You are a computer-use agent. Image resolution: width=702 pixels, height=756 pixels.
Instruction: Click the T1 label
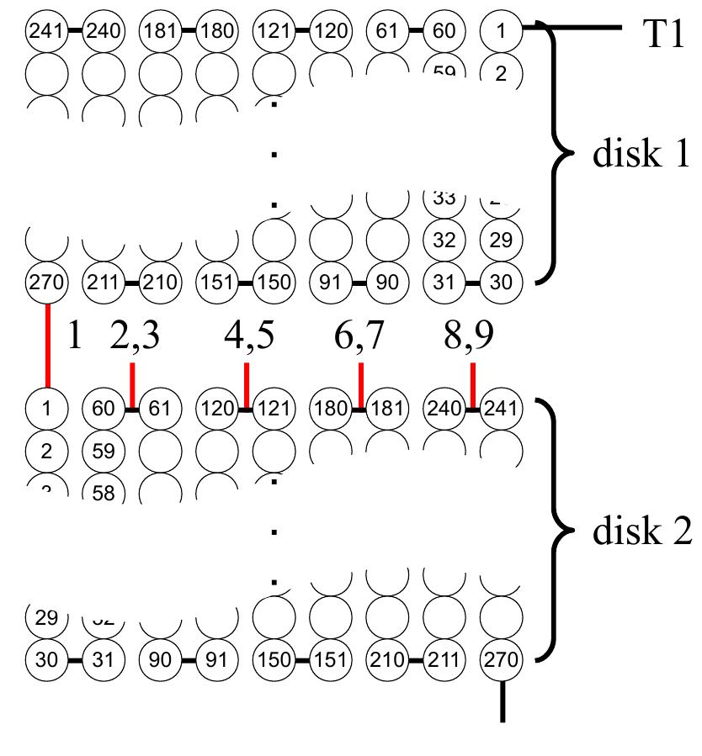(663, 33)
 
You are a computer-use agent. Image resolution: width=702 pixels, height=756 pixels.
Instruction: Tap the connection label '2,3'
(135, 336)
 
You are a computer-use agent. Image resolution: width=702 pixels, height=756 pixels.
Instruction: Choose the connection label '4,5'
(249, 336)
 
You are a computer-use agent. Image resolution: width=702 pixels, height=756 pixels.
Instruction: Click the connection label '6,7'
(359, 336)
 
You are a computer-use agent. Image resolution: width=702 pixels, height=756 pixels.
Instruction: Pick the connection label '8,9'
(469, 336)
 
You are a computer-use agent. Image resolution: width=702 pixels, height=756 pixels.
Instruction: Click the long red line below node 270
(47, 345)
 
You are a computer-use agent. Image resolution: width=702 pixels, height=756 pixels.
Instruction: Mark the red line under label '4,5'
(247, 384)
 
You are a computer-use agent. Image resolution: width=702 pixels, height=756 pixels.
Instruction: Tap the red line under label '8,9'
(473, 384)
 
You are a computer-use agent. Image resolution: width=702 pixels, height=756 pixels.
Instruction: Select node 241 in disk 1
(47, 31)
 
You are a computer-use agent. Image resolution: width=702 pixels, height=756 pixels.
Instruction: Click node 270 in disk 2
(501, 659)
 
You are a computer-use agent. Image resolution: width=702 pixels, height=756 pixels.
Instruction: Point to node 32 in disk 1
(444, 240)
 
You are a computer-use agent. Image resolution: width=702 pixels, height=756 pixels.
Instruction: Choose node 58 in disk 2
(103, 492)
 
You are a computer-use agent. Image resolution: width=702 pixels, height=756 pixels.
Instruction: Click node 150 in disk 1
(274, 282)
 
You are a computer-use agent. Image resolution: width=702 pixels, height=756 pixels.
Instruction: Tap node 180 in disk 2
(332, 410)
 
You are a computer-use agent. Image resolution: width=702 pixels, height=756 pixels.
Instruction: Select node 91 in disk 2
(217, 659)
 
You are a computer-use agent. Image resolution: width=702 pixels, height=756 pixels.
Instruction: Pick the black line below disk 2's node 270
(503, 701)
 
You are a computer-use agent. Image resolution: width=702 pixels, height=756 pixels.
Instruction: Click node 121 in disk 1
(274, 31)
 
